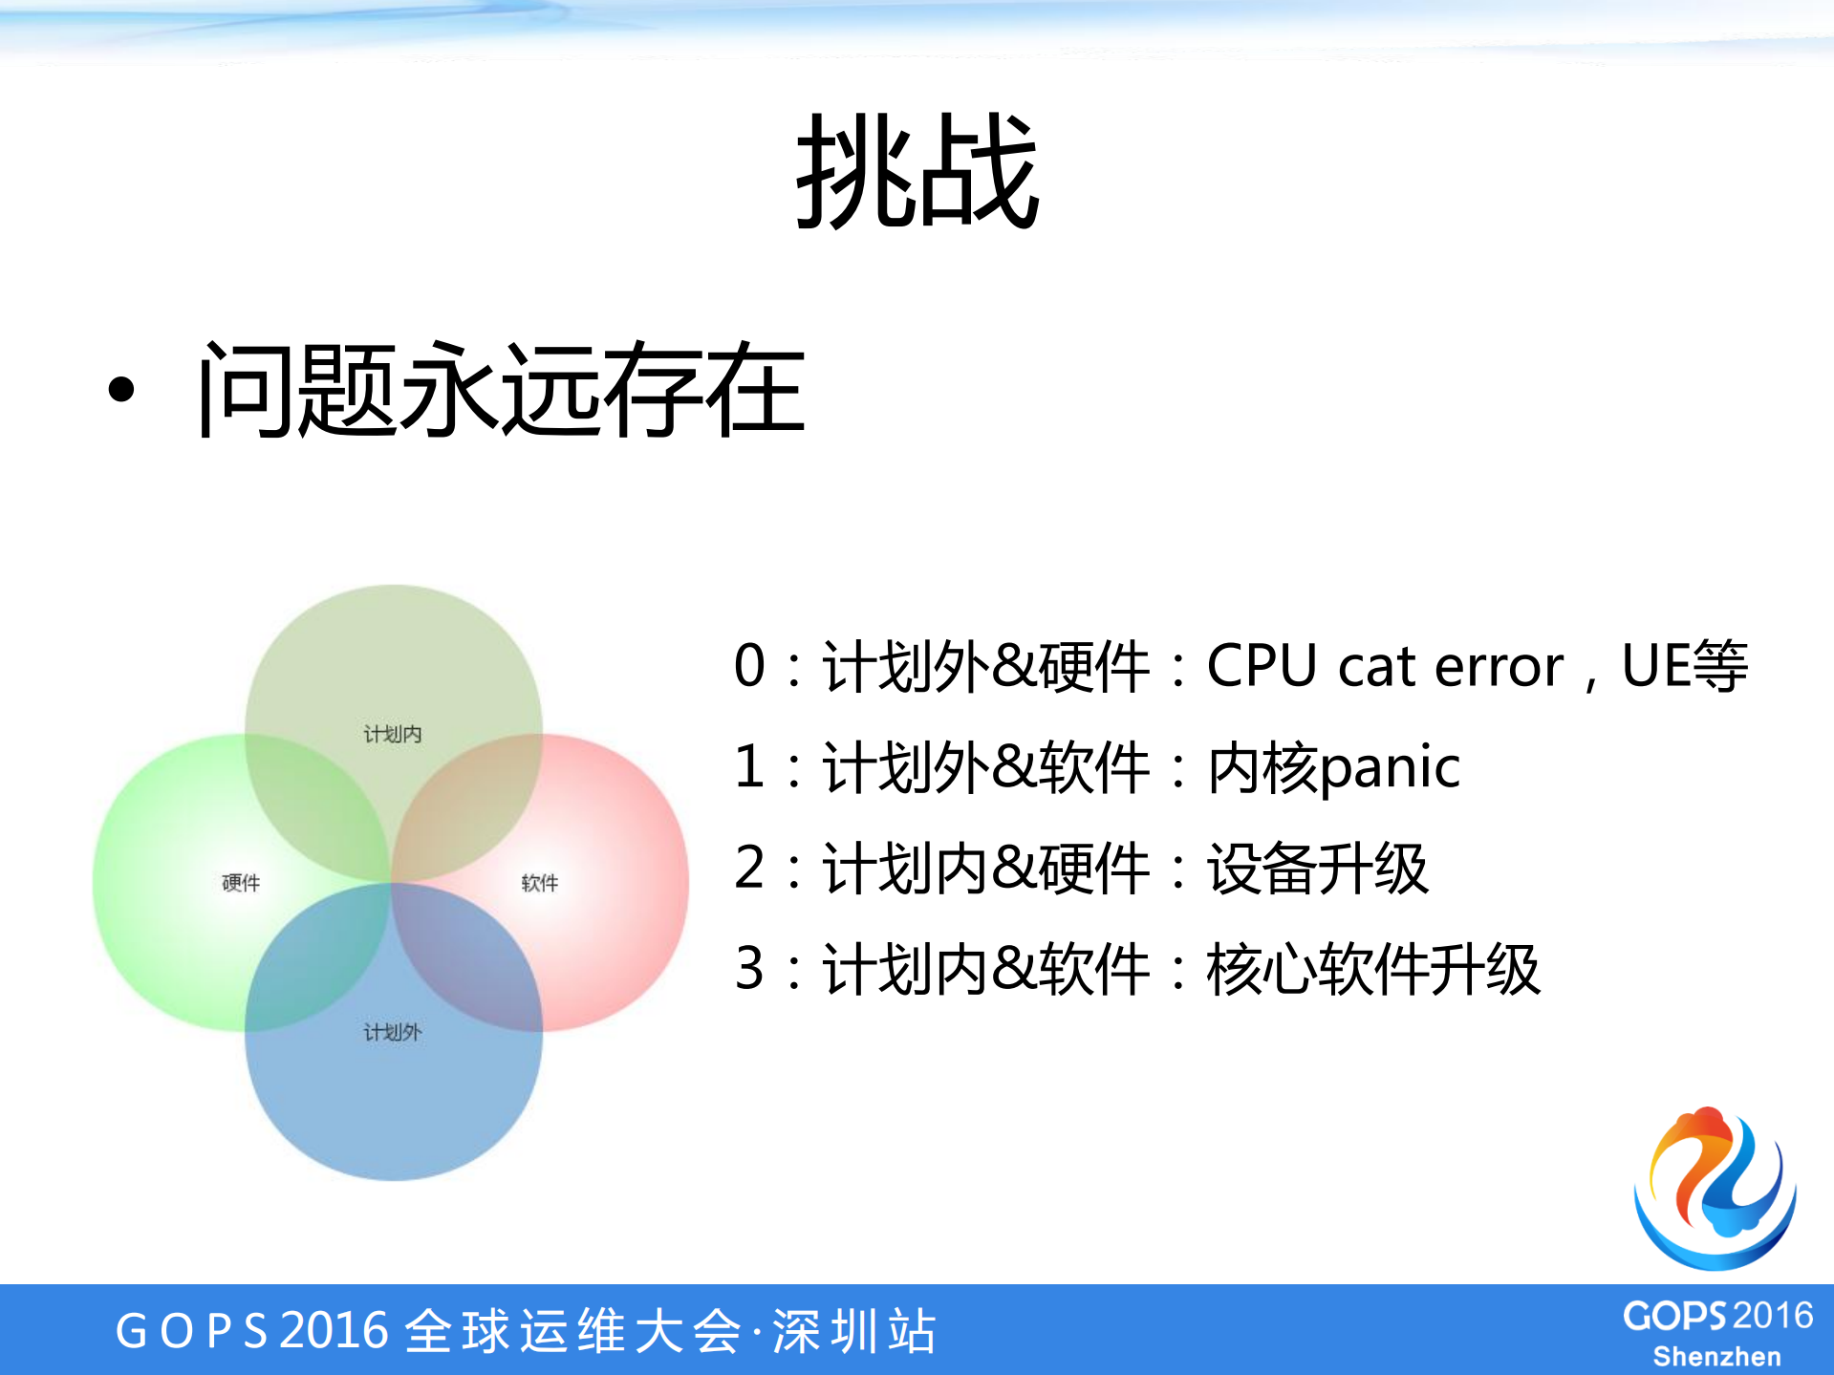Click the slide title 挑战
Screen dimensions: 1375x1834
tap(917, 172)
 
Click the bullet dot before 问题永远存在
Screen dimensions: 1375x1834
tap(121, 389)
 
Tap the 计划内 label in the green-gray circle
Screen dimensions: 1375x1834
tap(392, 734)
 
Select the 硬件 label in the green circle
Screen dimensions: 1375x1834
tap(241, 883)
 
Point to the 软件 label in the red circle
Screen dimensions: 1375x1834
tap(540, 883)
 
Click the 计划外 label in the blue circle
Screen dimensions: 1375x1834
tap(392, 1032)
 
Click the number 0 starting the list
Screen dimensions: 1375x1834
tap(750, 666)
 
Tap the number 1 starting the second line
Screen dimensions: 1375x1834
tap(750, 767)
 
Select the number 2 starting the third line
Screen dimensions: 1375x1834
tap(750, 869)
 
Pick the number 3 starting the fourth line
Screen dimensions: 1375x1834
tap(750, 969)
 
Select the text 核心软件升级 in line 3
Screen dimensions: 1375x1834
tap(1372, 969)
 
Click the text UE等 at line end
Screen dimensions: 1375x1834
tap(1684, 666)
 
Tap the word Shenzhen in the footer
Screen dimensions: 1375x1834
tap(1716, 1357)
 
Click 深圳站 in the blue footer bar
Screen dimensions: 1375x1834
tap(853, 1331)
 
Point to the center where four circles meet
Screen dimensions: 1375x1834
tap(392, 883)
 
